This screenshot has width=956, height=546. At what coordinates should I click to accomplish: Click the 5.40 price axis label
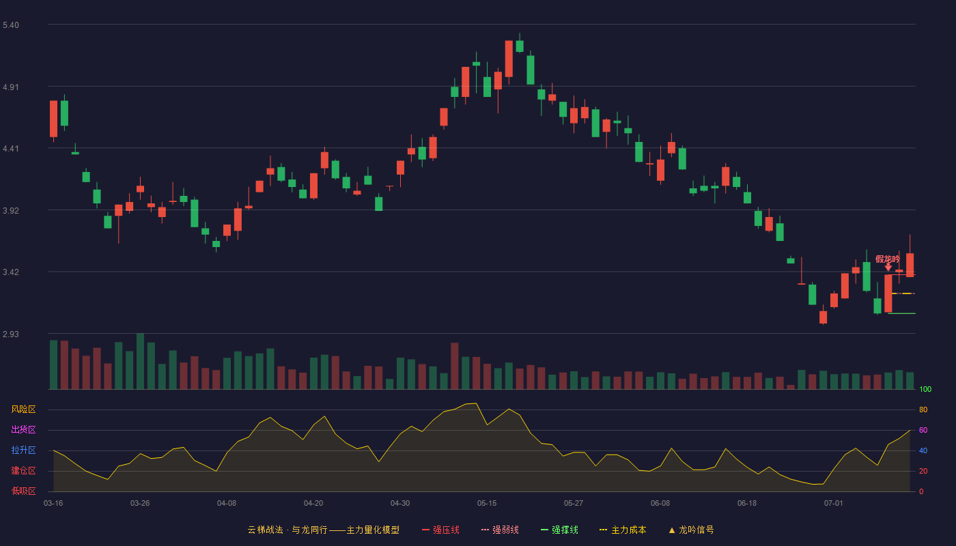11,25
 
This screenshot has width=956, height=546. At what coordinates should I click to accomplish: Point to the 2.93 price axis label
11,334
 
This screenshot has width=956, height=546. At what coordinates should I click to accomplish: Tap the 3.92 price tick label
11,211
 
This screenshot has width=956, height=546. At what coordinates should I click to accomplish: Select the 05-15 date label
487,504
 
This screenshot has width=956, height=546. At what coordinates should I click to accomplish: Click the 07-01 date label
834,504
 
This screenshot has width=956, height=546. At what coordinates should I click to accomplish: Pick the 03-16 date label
53,504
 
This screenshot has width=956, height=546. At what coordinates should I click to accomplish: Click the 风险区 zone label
23,409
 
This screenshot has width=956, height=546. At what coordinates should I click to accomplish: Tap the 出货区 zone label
23,429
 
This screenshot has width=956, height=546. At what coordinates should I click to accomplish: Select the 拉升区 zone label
23,450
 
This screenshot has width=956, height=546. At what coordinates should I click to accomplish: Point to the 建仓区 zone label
23,470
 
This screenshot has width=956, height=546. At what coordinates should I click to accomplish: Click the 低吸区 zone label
23,491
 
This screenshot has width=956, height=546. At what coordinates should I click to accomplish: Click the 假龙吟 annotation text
888,259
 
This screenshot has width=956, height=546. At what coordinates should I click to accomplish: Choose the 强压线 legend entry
440,530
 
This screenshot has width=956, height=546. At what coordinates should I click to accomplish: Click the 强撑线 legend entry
559,530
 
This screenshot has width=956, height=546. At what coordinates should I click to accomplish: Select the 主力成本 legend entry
623,530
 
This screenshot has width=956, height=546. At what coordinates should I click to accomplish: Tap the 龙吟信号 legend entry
691,530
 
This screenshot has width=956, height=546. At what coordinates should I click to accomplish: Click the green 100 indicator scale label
925,389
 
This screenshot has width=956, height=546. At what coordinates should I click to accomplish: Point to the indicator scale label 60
923,430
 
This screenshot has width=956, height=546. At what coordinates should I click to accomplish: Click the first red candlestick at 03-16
53,119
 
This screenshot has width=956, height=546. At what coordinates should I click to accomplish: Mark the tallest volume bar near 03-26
140,361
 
